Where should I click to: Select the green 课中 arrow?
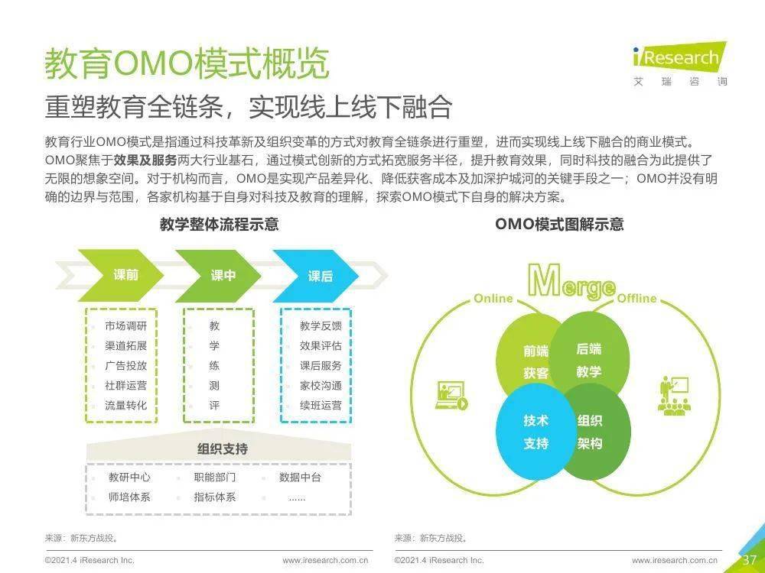(218, 276)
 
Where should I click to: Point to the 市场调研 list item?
(125, 325)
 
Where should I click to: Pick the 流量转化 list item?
(125, 406)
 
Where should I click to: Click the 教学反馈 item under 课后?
(321, 325)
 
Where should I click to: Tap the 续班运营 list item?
(321, 406)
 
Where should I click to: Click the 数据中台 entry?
(300, 477)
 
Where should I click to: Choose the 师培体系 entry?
(129, 497)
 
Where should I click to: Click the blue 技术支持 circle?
(535, 432)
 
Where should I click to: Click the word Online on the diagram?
(493, 298)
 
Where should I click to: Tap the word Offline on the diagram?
(636, 298)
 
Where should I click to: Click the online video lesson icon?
(451, 395)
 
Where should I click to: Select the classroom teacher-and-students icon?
(674, 396)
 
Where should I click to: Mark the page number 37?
(750, 559)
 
